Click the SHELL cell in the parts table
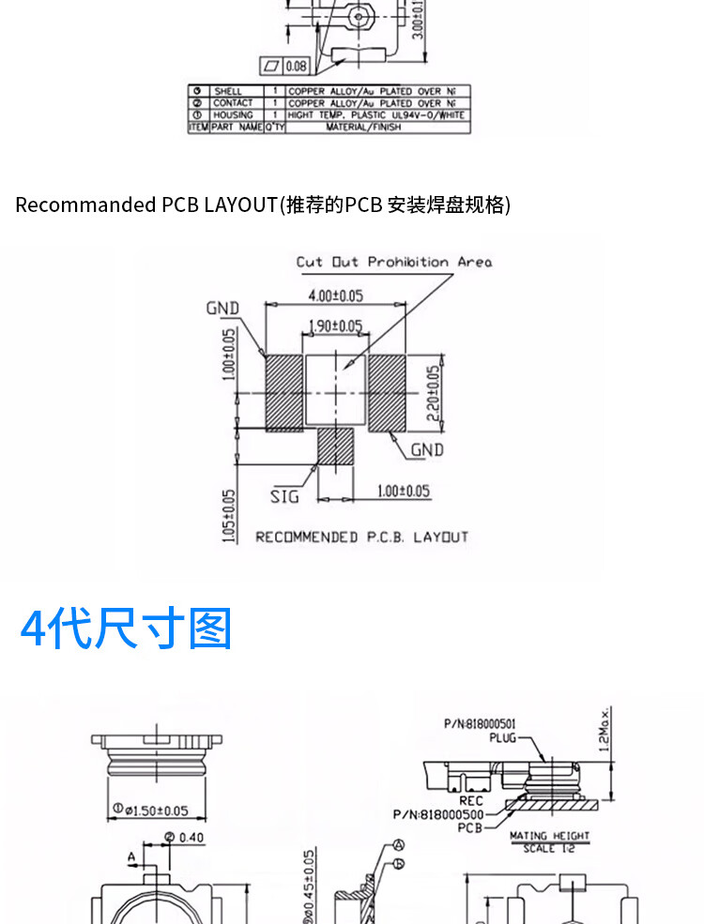coord(228,91)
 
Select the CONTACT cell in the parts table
coord(232,103)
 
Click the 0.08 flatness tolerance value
coord(297,66)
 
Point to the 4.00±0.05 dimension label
coord(336,295)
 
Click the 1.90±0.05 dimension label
coord(335,326)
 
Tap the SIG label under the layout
coord(284,496)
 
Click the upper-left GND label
coord(222,309)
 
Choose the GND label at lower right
coord(426,450)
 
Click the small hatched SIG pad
coord(333,446)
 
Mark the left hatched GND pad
coord(283,392)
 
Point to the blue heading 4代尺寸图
coord(126,629)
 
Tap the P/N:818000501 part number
coord(479,723)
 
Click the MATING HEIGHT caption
coord(549,835)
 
